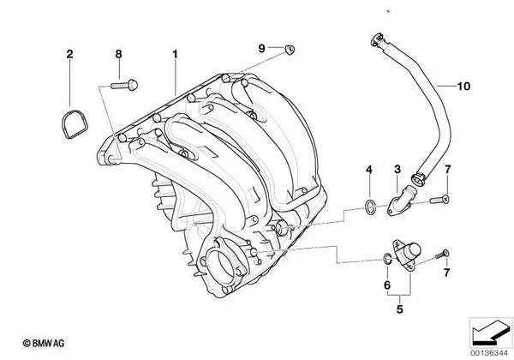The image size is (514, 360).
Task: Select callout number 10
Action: pyautogui.click(x=463, y=86)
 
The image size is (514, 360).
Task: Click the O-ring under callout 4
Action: pyautogui.click(x=368, y=205)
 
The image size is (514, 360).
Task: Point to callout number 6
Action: pyautogui.click(x=386, y=284)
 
